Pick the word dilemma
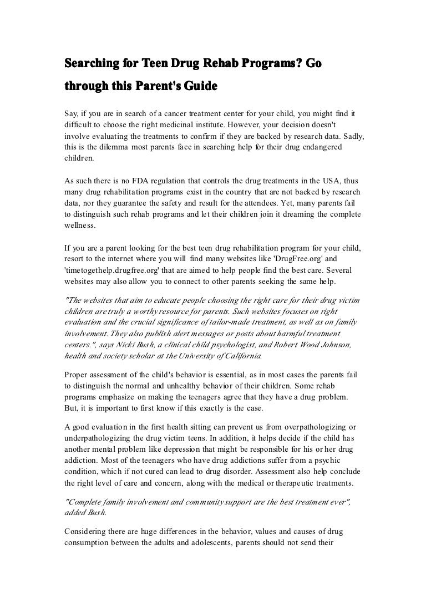110,146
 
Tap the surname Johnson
338,345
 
